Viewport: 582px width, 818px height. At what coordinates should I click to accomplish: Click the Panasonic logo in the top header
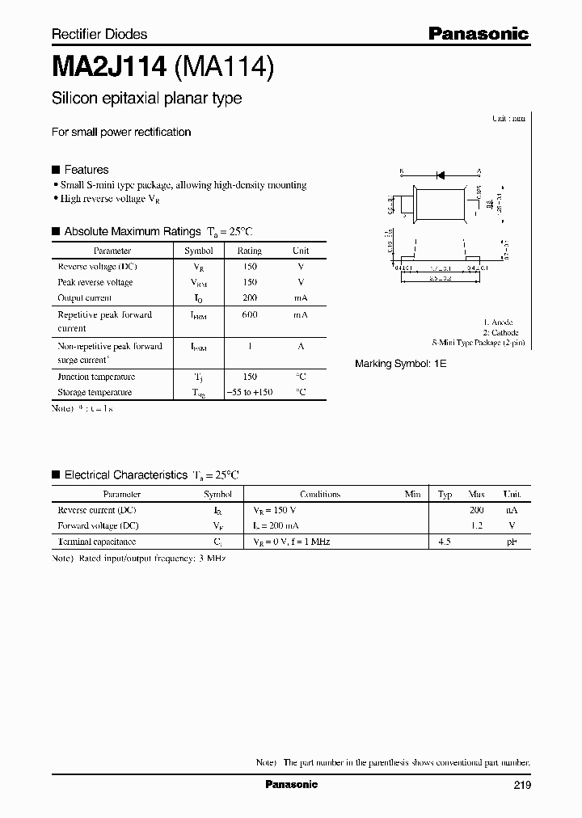[478, 33]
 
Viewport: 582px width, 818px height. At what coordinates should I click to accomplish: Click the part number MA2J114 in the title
[109, 67]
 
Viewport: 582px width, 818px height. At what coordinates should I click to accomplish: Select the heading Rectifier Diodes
[99, 34]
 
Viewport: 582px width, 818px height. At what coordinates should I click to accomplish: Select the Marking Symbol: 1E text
[400, 364]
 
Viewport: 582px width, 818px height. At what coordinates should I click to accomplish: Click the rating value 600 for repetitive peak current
[249, 314]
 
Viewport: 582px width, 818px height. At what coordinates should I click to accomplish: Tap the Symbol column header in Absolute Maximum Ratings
[198, 251]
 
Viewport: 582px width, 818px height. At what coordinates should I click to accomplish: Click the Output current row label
[86, 297]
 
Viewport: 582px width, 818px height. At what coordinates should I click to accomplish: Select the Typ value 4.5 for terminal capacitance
[444, 542]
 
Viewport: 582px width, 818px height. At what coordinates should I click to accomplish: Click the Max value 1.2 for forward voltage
[476, 525]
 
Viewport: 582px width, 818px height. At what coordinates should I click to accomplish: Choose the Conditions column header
[320, 494]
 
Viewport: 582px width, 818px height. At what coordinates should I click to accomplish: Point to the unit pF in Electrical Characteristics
[512, 542]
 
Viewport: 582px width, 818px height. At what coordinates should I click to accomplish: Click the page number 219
[521, 785]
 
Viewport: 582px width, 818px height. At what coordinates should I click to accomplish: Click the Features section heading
[86, 170]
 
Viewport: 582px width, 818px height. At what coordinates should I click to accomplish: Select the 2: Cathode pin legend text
[500, 332]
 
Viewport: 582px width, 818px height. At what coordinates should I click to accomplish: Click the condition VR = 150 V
[275, 510]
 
